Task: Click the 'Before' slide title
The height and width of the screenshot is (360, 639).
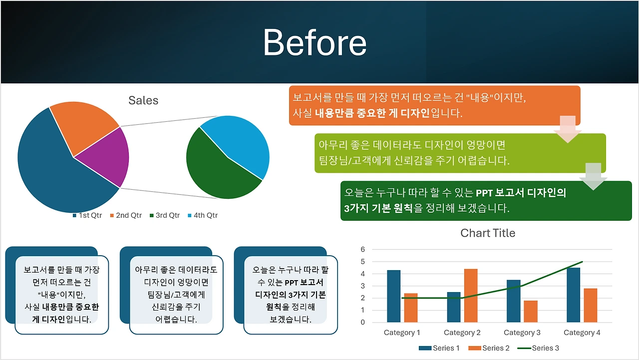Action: point(315,43)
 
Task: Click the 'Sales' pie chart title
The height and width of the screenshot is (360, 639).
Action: point(143,100)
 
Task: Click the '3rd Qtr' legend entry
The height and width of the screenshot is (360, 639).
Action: point(165,215)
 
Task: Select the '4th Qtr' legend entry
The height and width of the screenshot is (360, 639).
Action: point(203,215)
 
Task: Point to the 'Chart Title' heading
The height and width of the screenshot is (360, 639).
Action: point(488,233)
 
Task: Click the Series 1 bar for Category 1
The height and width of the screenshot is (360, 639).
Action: point(394,296)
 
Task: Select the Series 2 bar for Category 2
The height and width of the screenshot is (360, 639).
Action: point(471,296)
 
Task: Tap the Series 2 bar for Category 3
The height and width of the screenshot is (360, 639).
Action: point(531,312)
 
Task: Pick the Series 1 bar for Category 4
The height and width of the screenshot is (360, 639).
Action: point(574,295)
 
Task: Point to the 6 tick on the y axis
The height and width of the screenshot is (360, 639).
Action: point(362,249)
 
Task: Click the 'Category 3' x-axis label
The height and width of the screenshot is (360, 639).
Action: point(522,333)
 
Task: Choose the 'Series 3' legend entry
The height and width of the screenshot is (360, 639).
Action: point(538,348)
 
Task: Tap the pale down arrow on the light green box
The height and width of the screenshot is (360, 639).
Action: point(594,177)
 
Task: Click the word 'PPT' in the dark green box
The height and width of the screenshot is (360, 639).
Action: point(484,193)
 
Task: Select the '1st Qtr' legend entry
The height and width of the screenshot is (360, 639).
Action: point(87,215)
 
